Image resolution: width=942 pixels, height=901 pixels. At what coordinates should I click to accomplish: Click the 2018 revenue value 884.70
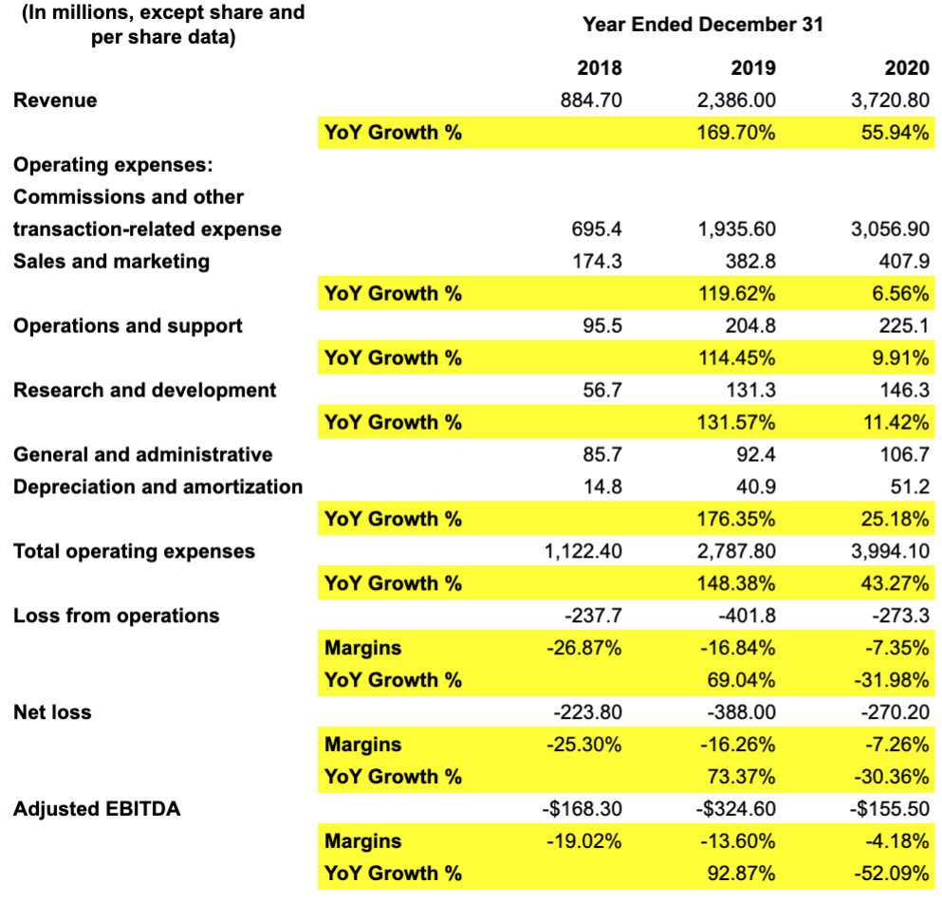[592, 100]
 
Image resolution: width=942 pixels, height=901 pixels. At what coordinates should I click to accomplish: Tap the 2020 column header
[905, 67]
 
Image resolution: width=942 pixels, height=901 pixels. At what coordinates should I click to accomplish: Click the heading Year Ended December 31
[703, 24]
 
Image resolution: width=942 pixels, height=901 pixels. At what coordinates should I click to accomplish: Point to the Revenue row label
[55, 100]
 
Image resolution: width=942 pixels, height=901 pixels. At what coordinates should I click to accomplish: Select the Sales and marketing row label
[111, 261]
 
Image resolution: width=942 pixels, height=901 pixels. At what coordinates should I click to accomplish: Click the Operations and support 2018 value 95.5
[601, 325]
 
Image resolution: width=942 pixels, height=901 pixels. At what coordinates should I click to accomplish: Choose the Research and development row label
[144, 390]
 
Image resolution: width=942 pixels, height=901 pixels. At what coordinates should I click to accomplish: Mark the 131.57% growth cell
[738, 422]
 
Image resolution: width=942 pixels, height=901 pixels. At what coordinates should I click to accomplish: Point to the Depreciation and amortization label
[157, 487]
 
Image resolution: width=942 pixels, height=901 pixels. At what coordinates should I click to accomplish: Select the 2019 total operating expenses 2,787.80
[737, 551]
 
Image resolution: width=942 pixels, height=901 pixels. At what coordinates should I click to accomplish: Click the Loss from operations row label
[116, 616]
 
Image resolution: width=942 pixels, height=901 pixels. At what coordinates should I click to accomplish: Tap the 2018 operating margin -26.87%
[584, 648]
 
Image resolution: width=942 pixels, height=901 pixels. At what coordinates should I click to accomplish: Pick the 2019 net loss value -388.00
[739, 712]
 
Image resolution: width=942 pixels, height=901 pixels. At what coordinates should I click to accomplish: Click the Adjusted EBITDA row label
[97, 809]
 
